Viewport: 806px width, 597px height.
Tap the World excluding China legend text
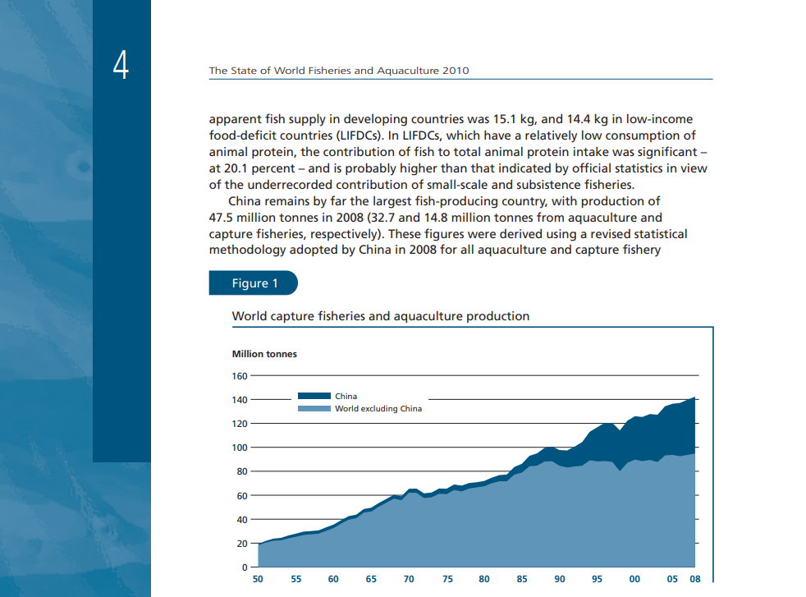click(x=378, y=408)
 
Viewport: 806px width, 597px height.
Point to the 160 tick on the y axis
click(x=240, y=376)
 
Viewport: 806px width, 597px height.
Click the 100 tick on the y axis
click(x=240, y=448)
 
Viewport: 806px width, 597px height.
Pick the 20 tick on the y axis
click(x=242, y=544)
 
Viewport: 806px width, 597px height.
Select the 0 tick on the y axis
click(x=244, y=567)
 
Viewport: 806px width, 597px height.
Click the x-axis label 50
click(x=259, y=580)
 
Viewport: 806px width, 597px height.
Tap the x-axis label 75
click(x=447, y=580)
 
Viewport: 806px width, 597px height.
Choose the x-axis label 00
click(x=634, y=580)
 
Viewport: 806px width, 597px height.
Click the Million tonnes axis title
click(x=265, y=354)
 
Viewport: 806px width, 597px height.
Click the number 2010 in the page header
click(x=456, y=71)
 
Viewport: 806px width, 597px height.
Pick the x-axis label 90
click(x=560, y=580)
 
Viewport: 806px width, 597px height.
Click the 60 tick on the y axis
click(x=242, y=496)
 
